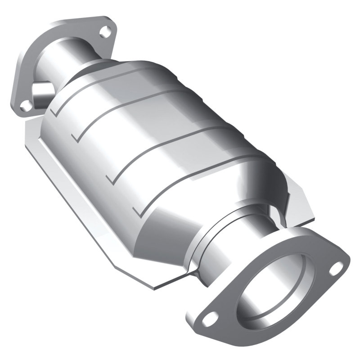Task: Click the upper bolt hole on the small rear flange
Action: pyautogui.click(x=105, y=31)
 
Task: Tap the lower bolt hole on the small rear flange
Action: pyautogui.click(x=27, y=104)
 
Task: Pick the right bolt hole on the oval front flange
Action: pyautogui.click(x=335, y=270)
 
